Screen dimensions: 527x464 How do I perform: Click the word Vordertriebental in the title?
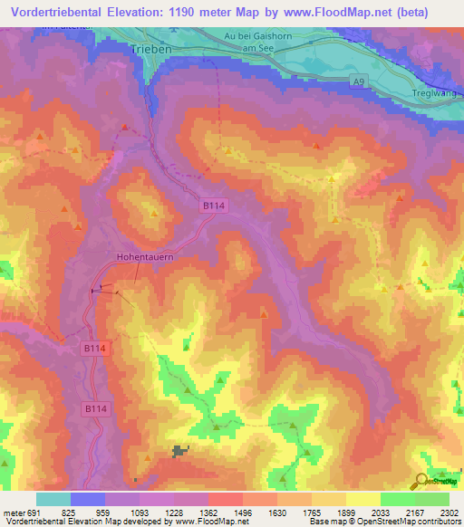[63, 13]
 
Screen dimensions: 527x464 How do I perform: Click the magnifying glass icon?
[420, 482]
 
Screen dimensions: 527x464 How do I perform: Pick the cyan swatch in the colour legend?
[53, 499]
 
